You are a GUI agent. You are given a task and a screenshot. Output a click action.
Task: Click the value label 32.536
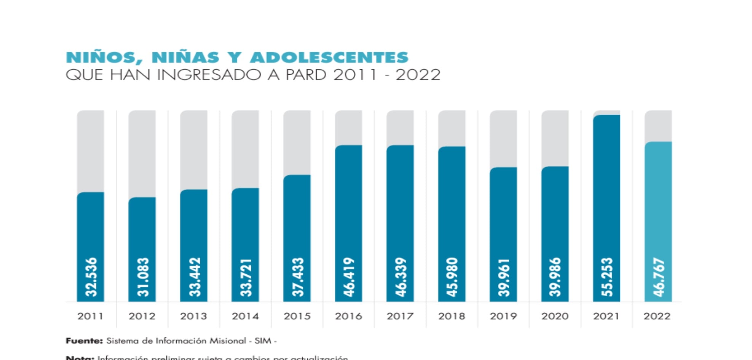tap(91, 277)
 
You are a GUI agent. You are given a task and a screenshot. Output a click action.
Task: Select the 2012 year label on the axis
tap(142, 316)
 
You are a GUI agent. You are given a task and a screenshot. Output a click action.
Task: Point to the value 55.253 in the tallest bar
tap(607, 277)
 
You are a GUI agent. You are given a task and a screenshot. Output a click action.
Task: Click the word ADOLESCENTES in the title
tap(329, 58)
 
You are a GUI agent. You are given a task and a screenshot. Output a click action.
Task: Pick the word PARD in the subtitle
tap(306, 75)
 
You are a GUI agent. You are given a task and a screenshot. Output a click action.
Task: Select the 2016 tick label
tap(348, 316)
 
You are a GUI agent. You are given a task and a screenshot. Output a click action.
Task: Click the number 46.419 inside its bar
tap(349, 277)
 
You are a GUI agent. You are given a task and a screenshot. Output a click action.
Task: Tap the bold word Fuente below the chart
tap(84, 341)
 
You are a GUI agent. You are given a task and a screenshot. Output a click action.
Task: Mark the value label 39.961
tap(503, 277)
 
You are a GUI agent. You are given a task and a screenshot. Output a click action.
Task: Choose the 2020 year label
tap(555, 316)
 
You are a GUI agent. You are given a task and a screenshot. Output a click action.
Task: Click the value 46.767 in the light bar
tap(658, 277)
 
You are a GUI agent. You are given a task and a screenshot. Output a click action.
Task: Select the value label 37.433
tap(297, 277)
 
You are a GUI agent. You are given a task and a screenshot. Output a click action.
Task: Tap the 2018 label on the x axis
tap(452, 316)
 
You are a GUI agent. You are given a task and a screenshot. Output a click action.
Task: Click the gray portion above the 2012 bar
tap(142, 152)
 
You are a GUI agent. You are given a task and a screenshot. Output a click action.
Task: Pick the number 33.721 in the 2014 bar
tap(246, 277)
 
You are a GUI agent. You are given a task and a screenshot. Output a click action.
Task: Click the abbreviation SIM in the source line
tap(263, 341)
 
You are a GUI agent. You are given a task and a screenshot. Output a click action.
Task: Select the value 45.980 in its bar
tap(452, 277)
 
